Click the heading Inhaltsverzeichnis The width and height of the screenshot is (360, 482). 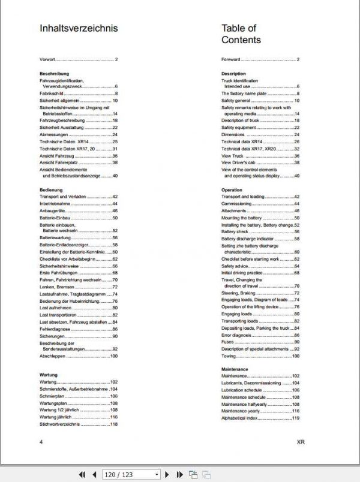click(79, 28)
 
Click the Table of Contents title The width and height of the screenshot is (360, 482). click(241, 34)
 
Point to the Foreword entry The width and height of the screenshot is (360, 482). click(231, 60)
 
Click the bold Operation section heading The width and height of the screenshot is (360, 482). click(232, 190)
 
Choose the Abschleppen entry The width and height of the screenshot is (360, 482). click(53, 356)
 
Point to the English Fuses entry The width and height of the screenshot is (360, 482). click(228, 342)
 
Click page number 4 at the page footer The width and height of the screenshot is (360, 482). click(41, 442)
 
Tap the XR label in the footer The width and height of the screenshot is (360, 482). click(301, 442)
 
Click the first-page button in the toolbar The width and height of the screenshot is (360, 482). click(83, 474)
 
